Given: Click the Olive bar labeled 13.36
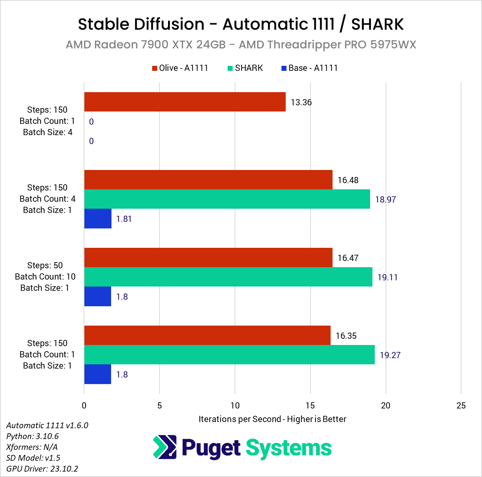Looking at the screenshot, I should tap(185, 102).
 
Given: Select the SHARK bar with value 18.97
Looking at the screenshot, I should tap(227, 199).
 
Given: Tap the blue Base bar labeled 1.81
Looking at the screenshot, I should tap(98, 219).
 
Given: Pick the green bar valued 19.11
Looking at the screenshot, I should tap(228, 277).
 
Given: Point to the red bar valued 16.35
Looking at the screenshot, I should tap(207, 335).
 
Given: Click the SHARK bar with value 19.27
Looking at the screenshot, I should tap(229, 355).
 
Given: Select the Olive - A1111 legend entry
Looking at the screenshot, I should tap(180, 68).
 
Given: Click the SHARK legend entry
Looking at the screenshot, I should tap(245, 68).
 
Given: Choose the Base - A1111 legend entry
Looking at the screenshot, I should tap(309, 68).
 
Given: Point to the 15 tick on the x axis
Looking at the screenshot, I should tap(310, 405).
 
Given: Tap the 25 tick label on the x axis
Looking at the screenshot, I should tap(461, 405).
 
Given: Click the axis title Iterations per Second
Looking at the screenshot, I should tap(272, 419).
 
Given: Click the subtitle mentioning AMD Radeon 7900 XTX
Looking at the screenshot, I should tap(241, 45).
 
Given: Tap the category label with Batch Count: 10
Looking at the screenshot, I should tap(45, 276).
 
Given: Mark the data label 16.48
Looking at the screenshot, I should tap(348, 180).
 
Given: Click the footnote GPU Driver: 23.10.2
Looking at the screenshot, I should tap(42, 468).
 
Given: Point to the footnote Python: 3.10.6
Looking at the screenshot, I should tap(33, 436).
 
